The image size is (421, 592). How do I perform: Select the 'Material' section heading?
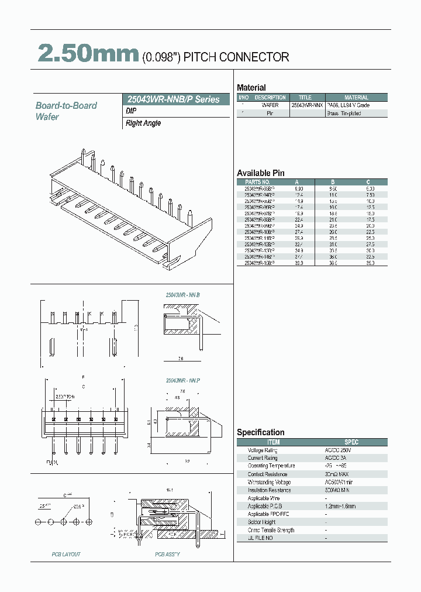pyautogui.click(x=251, y=88)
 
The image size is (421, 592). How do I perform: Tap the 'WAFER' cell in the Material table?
pyautogui.click(x=270, y=105)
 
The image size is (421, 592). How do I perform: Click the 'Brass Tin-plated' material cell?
pyautogui.click(x=344, y=113)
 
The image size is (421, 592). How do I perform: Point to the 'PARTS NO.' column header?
pyautogui.click(x=258, y=182)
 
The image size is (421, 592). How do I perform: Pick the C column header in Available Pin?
pyautogui.click(x=368, y=182)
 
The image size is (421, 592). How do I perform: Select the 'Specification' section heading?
pyautogui.click(x=260, y=432)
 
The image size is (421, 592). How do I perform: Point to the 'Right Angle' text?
pyautogui.click(x=143, y=123)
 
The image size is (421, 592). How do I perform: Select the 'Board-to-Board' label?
pyautogui.click(x=66, y=106)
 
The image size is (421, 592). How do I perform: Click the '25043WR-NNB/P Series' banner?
pyautogui.click(x=174, y=99)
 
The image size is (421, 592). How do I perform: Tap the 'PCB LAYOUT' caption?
pyautogui.click(x=66, y=554)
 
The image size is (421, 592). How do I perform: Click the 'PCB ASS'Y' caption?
pyautogui.click(x=167, y=554)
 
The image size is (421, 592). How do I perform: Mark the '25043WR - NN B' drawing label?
pyautogui.click(x=183, y=295)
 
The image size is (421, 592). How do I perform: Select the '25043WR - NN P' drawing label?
pyautogui.click(x=183, y=380)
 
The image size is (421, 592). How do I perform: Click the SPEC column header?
pyautogui.click(x=351, y=442)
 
